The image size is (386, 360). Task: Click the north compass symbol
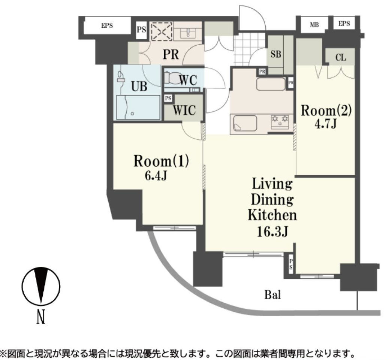coord(41,286)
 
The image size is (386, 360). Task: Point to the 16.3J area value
coord(272,232)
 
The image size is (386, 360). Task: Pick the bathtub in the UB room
coord(138,107)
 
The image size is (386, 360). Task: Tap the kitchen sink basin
coord(245,123)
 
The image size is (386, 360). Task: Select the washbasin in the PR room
coord(187,34)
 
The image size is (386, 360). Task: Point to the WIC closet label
coord(184,111)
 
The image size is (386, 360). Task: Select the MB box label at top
coord(314,25)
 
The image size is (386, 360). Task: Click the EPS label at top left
coord(107,26)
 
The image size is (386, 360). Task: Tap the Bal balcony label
coord(272,295)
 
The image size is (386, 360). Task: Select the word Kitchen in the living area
coord(272,215)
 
